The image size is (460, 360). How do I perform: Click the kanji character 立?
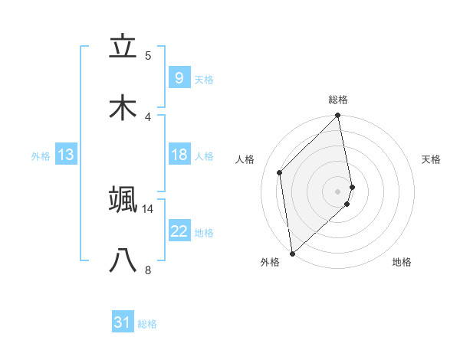pyautogui.click(x=123, y=47)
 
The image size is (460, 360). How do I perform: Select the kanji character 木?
pyautogui.click(x=123, y=108)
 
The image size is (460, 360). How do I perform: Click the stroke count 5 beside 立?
pyautogui.click(x=148, y=55)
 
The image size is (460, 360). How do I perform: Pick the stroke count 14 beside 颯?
pyautogui.click(x=148, y=208)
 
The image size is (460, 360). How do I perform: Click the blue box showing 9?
pyautogui.click(x=179, y=77)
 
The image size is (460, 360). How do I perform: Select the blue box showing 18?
pyautogui.click(x=179, y=155)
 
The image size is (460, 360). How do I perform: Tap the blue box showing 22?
pyautogui.click(x=179, y=231)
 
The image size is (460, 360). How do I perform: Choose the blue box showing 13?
pyautogui.click(x=66, y=155)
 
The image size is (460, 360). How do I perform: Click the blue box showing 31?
pyautogui.click(x=123, y=322)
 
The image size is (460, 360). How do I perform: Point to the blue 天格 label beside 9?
pyautogui.click(x=204, y=79)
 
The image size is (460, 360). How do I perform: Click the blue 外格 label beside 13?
pyautogui.click(x=41, y=155)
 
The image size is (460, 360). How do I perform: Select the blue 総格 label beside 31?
pyautogui.click(x=147, y=324)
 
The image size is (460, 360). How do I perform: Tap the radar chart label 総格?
pyautogui.click(x=338, y=100)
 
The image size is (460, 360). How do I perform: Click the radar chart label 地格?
pyautogui.click(x=402, y=262)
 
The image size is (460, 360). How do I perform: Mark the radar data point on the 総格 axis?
pyautogui.click(x=338, y=116)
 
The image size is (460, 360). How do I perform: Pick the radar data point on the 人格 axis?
pyautogui.click(x=280, y=172)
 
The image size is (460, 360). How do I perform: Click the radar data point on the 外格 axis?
pyautogui.click(x=292, y=253)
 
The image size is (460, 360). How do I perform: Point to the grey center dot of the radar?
pyautogui.click(x=338, y=191)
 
